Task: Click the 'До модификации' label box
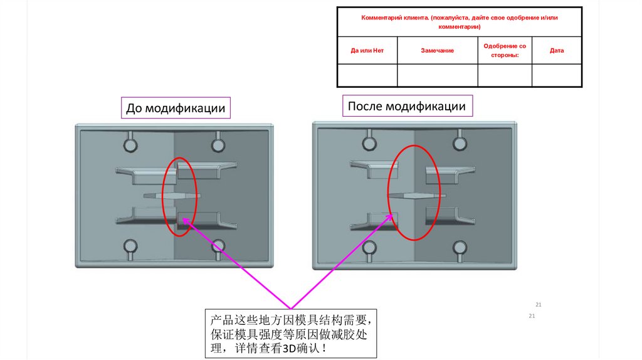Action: tap(176, 109)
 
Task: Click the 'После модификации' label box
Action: tap(407, 106)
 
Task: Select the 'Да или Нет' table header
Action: tap(367, 50)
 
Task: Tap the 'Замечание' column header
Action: tap(437, 50)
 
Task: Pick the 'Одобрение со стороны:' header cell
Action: tap(505, 50)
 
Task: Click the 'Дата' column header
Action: tap(557, 50)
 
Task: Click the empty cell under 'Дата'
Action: tap(557, 75)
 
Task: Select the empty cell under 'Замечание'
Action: tap(437, 75)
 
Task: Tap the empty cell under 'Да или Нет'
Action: tap(367, 75)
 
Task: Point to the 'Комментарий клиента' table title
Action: tap(459, 22)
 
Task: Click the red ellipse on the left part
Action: tap(180, 196)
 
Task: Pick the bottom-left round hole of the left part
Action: tap(130, 245)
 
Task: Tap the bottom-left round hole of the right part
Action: tap(369, 247)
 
